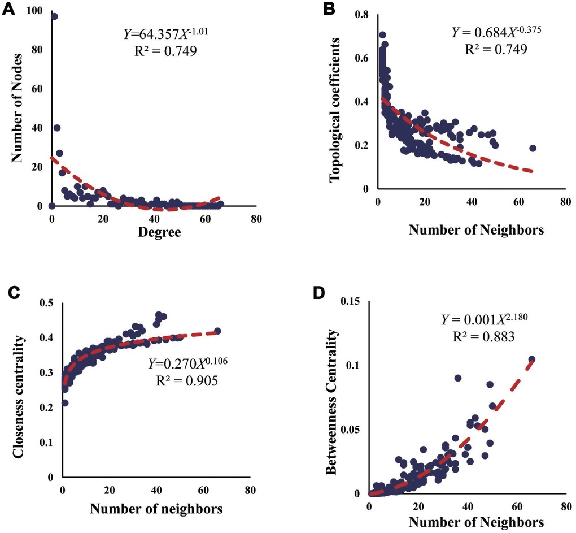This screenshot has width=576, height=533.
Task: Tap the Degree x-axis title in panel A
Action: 154,232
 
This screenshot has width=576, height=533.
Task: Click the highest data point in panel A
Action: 54,16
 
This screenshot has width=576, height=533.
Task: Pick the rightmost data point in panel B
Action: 533,148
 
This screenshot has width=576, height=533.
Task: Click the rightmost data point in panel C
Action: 217,331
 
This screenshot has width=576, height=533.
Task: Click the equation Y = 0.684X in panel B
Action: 488,33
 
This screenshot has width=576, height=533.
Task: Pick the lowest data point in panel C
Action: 66,403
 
